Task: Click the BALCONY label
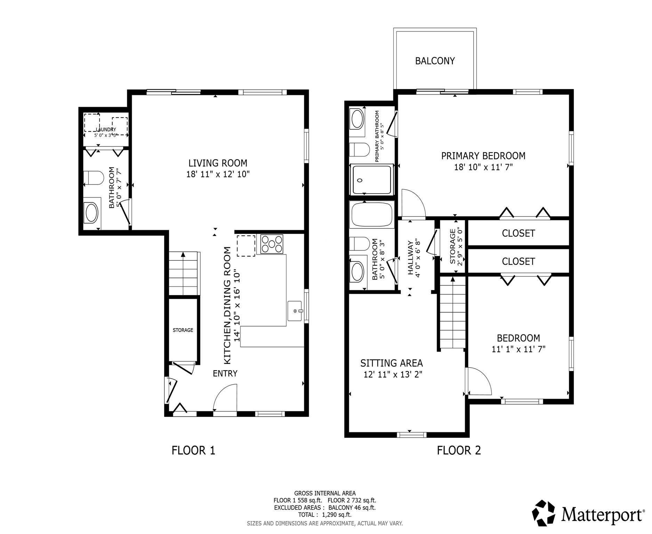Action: click(435, 61)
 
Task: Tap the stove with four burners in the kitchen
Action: click(272, 244)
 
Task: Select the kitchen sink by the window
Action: click(295, 311)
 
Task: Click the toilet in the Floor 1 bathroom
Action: click(93, 178)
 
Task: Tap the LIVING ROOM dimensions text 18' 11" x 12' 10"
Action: click(218, 174)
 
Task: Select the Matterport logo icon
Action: click(545, 513)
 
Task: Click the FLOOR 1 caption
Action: click(193, 451)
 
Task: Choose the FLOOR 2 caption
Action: click(459, 451)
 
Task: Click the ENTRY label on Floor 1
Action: click(225, 373)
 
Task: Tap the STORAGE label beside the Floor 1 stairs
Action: click(183, 330)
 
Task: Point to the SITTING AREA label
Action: click(392, 363)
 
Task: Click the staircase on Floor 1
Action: click(184, 274)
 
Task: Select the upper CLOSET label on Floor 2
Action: click(518, 233)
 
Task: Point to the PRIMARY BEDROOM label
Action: click(483, 156)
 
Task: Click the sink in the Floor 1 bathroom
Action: click(91, 213)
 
